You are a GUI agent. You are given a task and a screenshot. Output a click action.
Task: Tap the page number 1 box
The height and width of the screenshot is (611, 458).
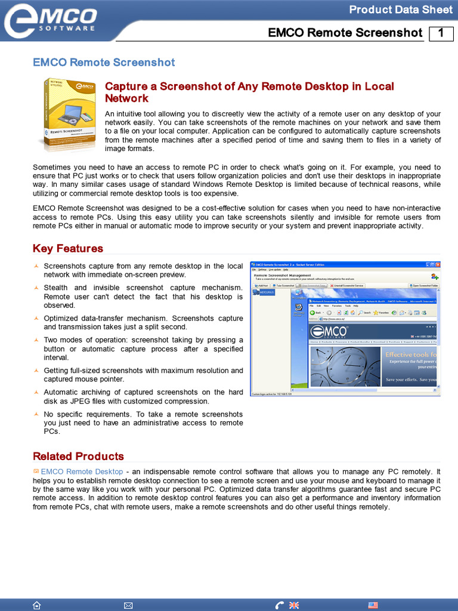pyautogui.click(x=441, y=33)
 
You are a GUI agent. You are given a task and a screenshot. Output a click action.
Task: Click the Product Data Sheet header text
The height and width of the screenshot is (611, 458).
pyautogui.click(x=400, y=10)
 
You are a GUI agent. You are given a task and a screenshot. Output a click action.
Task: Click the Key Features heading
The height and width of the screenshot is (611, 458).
pyautogui.click(x=67, y=248)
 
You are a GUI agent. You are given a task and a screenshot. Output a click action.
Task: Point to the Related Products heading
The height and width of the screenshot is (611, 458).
pyautogui.click(x=78, y=456)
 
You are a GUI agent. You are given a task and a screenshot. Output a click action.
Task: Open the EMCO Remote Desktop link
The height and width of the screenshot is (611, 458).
pyautogui.click(x=82, y=471)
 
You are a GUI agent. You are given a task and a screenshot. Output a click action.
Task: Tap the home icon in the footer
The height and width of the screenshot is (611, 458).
pyautogui.click(x=37, y=605)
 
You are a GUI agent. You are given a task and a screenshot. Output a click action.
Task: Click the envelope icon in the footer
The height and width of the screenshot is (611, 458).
pyautogui.click(x=128, y=605)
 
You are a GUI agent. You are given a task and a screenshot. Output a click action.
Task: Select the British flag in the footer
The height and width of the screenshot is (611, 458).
pyautogui.click(x=293, y=605)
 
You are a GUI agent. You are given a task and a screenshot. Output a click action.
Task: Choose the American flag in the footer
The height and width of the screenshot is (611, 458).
pyautogui.click(x=373, y=605)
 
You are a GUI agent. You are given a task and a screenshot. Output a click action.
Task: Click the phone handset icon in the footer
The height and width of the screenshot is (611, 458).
pyautogui.click(x=280, y=605)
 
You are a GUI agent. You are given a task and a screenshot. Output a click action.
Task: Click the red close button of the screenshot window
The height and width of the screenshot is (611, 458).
pyautogui.click(x=437, y=264)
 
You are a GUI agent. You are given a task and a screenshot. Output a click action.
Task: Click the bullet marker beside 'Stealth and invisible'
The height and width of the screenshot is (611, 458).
pyautogui.click(x=36, y=288)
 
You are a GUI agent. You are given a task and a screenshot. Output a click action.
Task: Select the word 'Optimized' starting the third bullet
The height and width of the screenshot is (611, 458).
pyautogui.click(x=61, y=318)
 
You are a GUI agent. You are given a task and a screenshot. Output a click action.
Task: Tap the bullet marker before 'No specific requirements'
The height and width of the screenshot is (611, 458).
pyautogui.click(x=36, y=414)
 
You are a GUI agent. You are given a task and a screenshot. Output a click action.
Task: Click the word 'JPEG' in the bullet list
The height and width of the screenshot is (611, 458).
pyautogui.click(x=76, y=401)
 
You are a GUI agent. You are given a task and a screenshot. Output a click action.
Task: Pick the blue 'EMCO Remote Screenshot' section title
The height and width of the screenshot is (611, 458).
pyautogui.click(x=104, y=62)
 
